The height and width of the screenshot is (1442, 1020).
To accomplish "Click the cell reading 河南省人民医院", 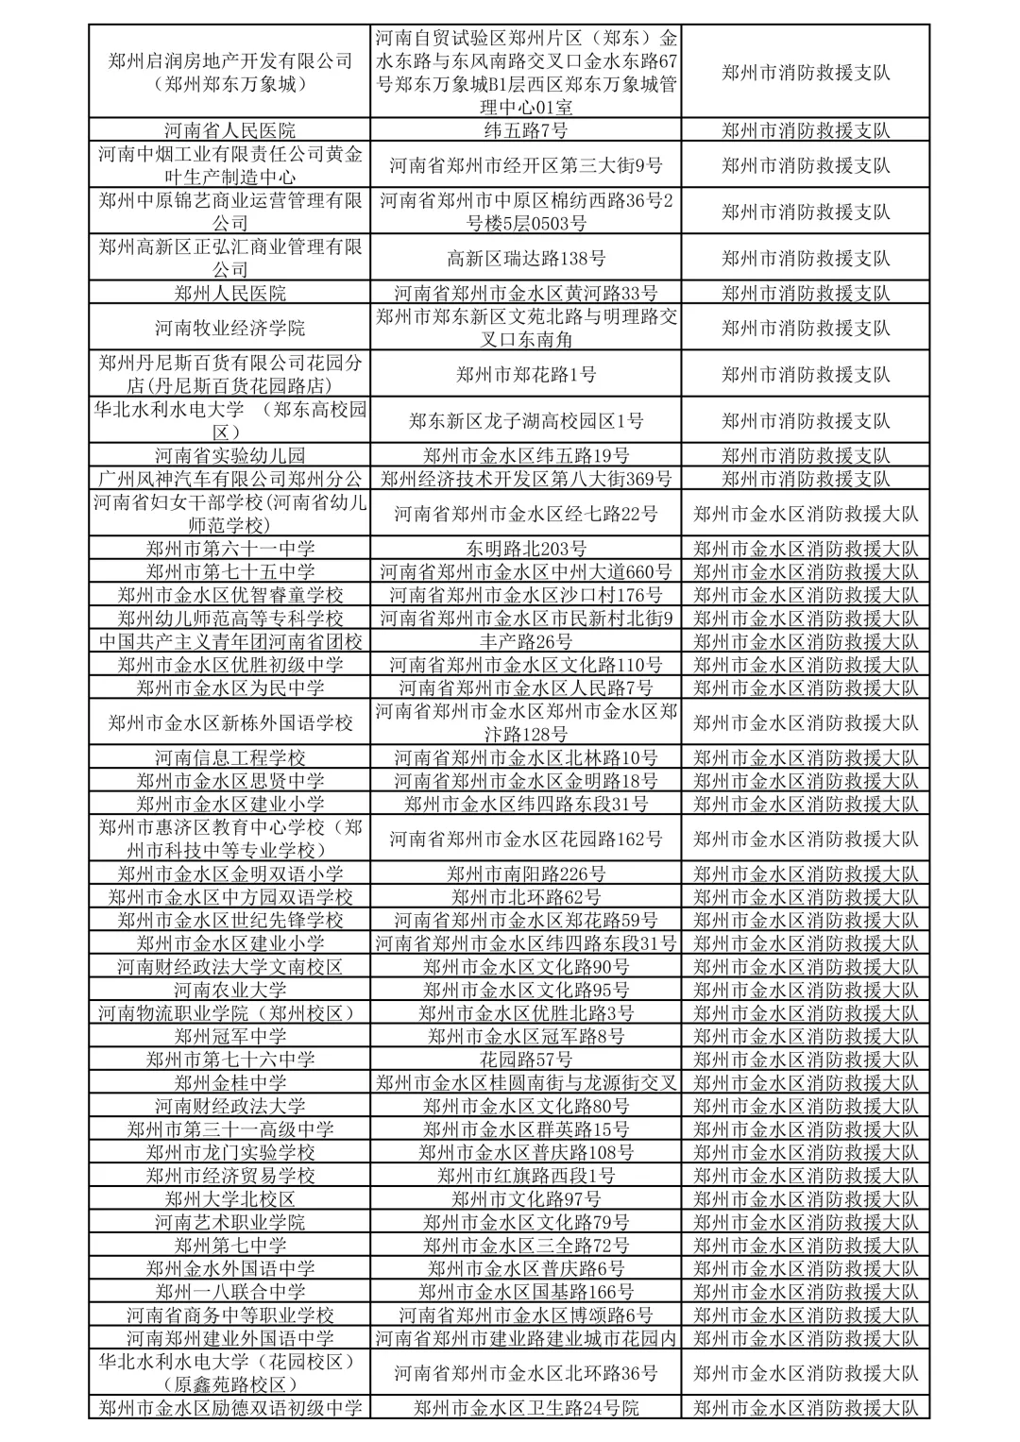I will click(x=229, y=130).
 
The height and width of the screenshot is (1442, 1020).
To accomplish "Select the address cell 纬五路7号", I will click(x=526, y=130).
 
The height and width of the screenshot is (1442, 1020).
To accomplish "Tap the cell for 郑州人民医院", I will click(x=229, y=294).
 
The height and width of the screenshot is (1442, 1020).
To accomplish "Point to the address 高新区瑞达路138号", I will click(x=526, y=258).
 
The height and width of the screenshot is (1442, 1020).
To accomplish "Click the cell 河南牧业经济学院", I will click(x=229, y=329).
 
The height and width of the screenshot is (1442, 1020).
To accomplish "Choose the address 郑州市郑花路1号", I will click(x=526, y=375).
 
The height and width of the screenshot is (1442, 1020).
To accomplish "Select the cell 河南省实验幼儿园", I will click(x=229, y=455).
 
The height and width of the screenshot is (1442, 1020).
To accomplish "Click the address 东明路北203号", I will click(x=526, y=549).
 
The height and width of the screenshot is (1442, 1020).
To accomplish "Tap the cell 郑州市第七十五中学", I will click(x=229, y=571).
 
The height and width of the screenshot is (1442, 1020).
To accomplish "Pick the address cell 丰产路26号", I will click(x=526, y=641).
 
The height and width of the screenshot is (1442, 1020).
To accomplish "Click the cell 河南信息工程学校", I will click(x=229, y=757).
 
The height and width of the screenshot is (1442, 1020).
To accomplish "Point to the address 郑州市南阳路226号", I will click(x=526, y=874).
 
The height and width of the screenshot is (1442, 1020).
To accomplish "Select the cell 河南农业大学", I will click(x=229, y=990).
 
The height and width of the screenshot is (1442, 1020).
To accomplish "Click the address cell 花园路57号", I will click(x=526, y=1060).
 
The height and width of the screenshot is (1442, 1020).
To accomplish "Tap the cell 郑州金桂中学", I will click(x=229, y=1083).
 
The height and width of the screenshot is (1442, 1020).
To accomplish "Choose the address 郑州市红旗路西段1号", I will click(x=526, y=1176).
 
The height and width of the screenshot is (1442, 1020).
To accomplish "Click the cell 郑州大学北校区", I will click(x=229, y=1199).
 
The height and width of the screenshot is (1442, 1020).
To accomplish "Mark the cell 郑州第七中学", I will click(x=229, y=1246).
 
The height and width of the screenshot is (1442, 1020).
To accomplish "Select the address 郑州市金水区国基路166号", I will click(x=526, y=1292).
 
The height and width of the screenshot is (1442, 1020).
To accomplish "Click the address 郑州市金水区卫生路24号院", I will click(x=526, y=1408).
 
